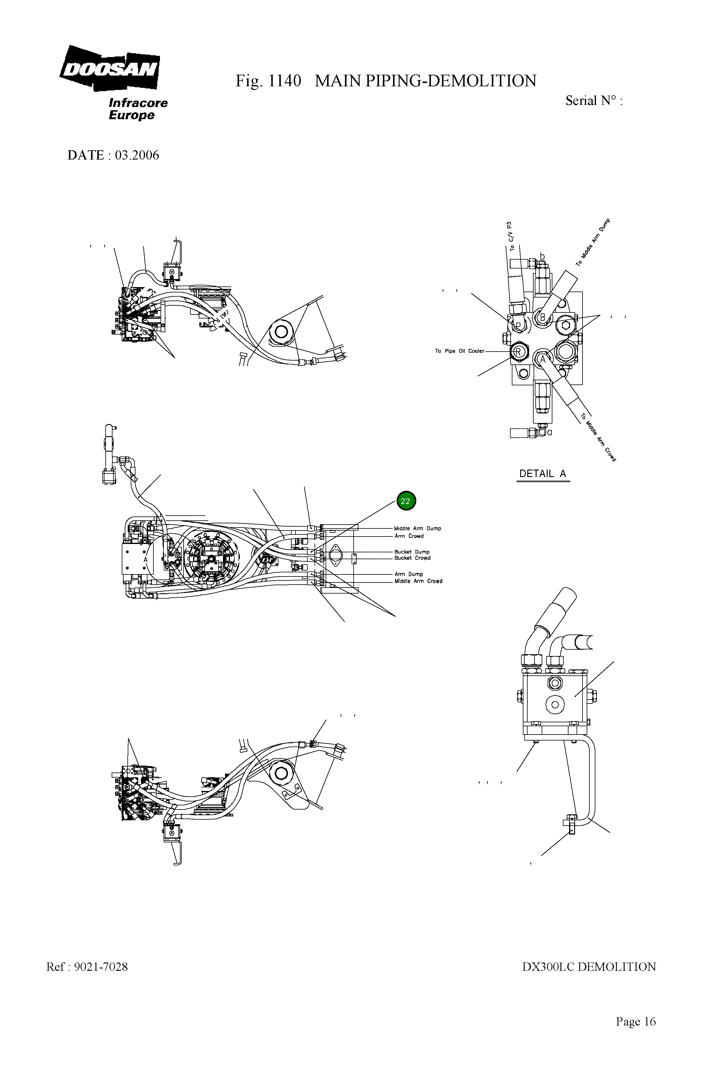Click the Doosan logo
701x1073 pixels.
click(110, 69)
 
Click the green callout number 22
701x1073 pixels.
click(406, 501)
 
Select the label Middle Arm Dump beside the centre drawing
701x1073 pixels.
click(417, 528)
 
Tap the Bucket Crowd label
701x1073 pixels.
click(412, 558)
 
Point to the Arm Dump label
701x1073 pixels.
click(409, 574)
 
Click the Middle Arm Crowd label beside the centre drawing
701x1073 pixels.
click(418, 581)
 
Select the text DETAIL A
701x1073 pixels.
click(543, 473)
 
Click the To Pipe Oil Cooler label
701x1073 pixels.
click(459, 351)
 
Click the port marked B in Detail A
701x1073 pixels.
click(543, 318)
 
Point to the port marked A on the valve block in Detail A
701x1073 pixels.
click(543, 359)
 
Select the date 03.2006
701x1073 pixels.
click(137, 155)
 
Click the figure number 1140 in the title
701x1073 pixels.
click(285, 81)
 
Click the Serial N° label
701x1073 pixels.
click(593, 101)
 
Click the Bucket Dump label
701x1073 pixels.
click(412, 552)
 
